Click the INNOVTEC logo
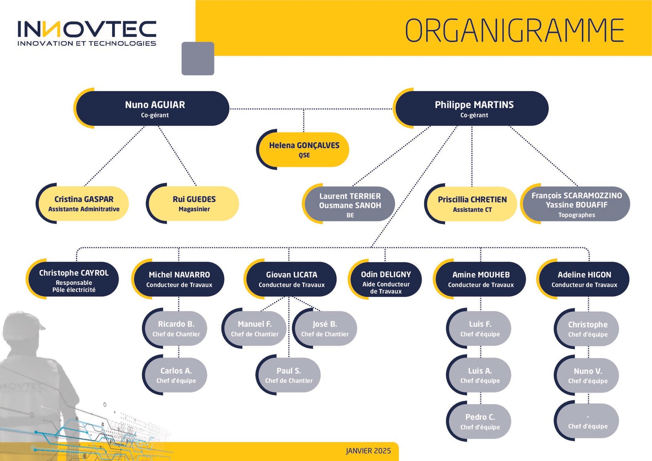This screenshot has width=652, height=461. point(87,33)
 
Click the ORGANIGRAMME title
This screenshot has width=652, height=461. point(514,30)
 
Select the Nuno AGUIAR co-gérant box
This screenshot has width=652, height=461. point(152,108)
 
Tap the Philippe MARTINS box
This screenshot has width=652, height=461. point(471,108)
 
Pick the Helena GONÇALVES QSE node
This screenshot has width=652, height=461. point(303,150)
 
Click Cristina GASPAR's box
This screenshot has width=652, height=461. point(82,203)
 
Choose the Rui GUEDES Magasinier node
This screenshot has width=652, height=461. point(192,203)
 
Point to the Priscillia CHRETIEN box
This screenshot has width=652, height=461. point(471,204)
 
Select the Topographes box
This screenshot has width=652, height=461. point(575,204)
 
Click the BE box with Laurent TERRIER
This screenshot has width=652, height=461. point(348,204)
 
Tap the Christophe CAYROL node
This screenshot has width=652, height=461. point(72,279)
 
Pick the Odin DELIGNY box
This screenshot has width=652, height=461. point(385,279)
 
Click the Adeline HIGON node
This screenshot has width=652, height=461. point(583,279)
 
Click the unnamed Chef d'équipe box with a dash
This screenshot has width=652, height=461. point(586,421)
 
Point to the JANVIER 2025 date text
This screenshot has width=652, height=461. point(368,451)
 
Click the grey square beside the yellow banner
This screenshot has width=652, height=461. point(198,59)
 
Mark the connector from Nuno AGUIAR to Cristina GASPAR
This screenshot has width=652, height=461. point(115,156)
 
